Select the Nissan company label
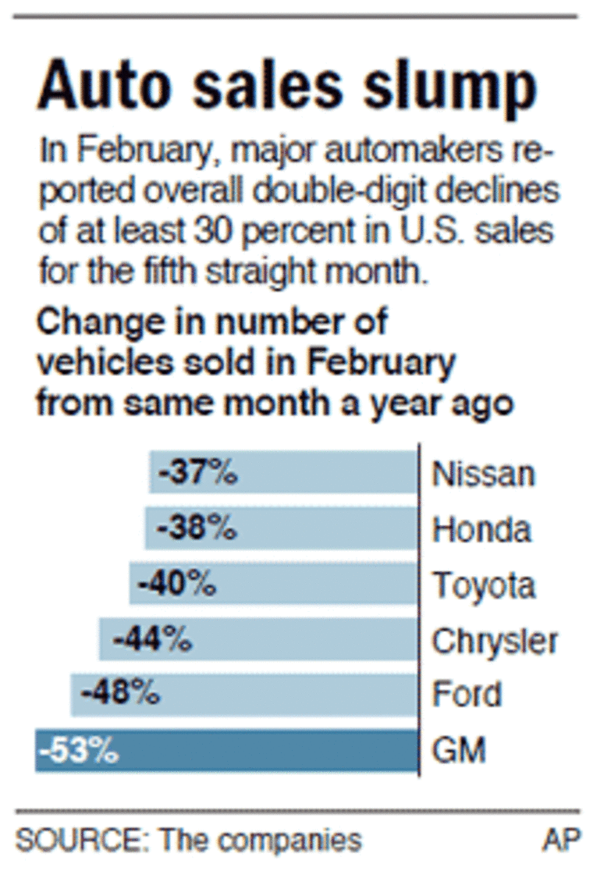tap(484, 474)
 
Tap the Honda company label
tap(482, 529)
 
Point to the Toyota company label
tap(485, 585)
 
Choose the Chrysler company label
tap(495, 641)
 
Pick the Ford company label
tap(467, 695)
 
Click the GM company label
tap(460, 751)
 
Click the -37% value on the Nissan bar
tap(197, 473)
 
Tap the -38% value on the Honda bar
tap(196, 528)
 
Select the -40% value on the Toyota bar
tap(176, 584)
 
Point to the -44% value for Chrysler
tap(152, 640)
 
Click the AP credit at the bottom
tap(562, 840)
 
